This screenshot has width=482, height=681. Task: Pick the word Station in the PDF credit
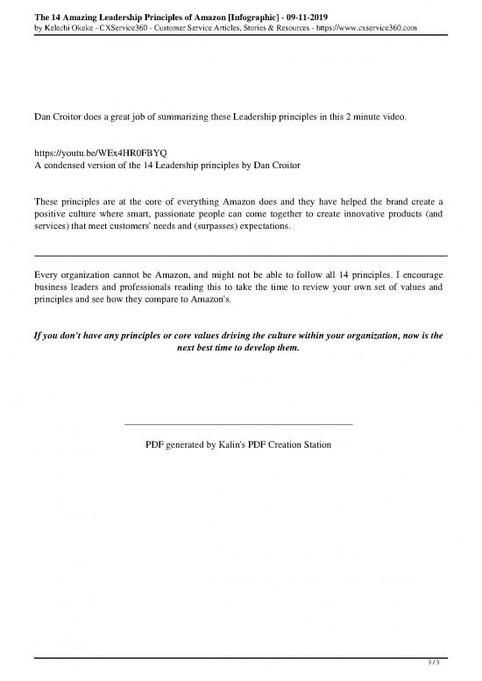point(315,444)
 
